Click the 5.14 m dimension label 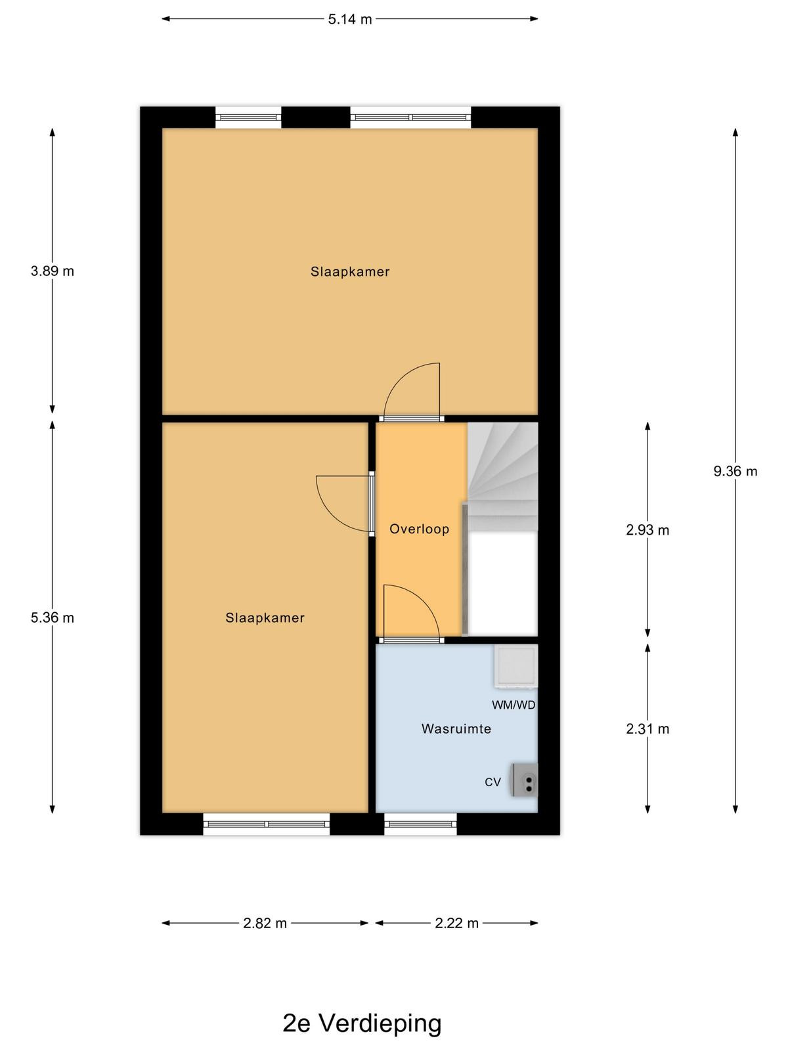pos(350,19)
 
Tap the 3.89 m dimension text pos(52,271)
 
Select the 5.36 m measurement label pos(52,617)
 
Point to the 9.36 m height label pos(735,471)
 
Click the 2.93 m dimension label pos(647,530)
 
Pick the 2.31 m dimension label pos(647,728)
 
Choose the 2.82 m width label pos(265,923)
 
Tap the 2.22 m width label pos(456,923)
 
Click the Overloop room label pos(419,529)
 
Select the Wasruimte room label pos(456,728)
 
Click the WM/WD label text pos(514,705)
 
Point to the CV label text pos(492,782)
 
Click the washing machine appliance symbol pos(515,667)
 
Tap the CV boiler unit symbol pos(525,780)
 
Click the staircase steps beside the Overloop pos(502,476)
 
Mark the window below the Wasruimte pos(420,824)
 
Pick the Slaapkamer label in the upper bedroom pos(350,271)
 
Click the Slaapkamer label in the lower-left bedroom pos(265,617)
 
